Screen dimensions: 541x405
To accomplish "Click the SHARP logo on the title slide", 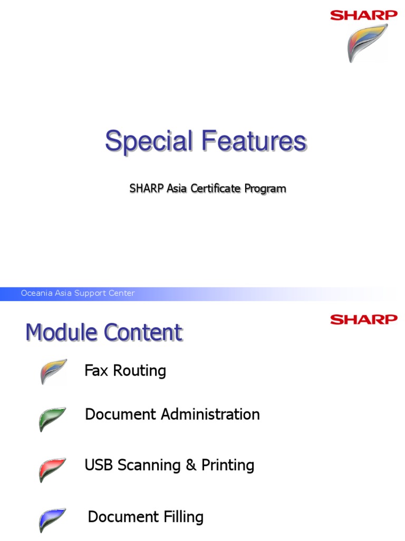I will coord(364,15).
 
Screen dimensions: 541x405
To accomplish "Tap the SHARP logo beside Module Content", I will coord(364,320).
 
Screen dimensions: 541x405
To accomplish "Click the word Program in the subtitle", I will coord(266,189).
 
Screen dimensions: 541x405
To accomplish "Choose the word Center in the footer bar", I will coord(122,293).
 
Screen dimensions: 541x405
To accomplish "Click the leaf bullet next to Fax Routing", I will coord(53,371).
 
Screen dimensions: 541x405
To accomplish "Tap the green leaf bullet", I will coord(52,419).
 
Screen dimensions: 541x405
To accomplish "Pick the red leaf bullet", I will coord(52,470).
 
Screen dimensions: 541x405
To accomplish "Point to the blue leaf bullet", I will coord(52,520).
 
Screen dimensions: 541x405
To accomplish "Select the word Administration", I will coord(210,414).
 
